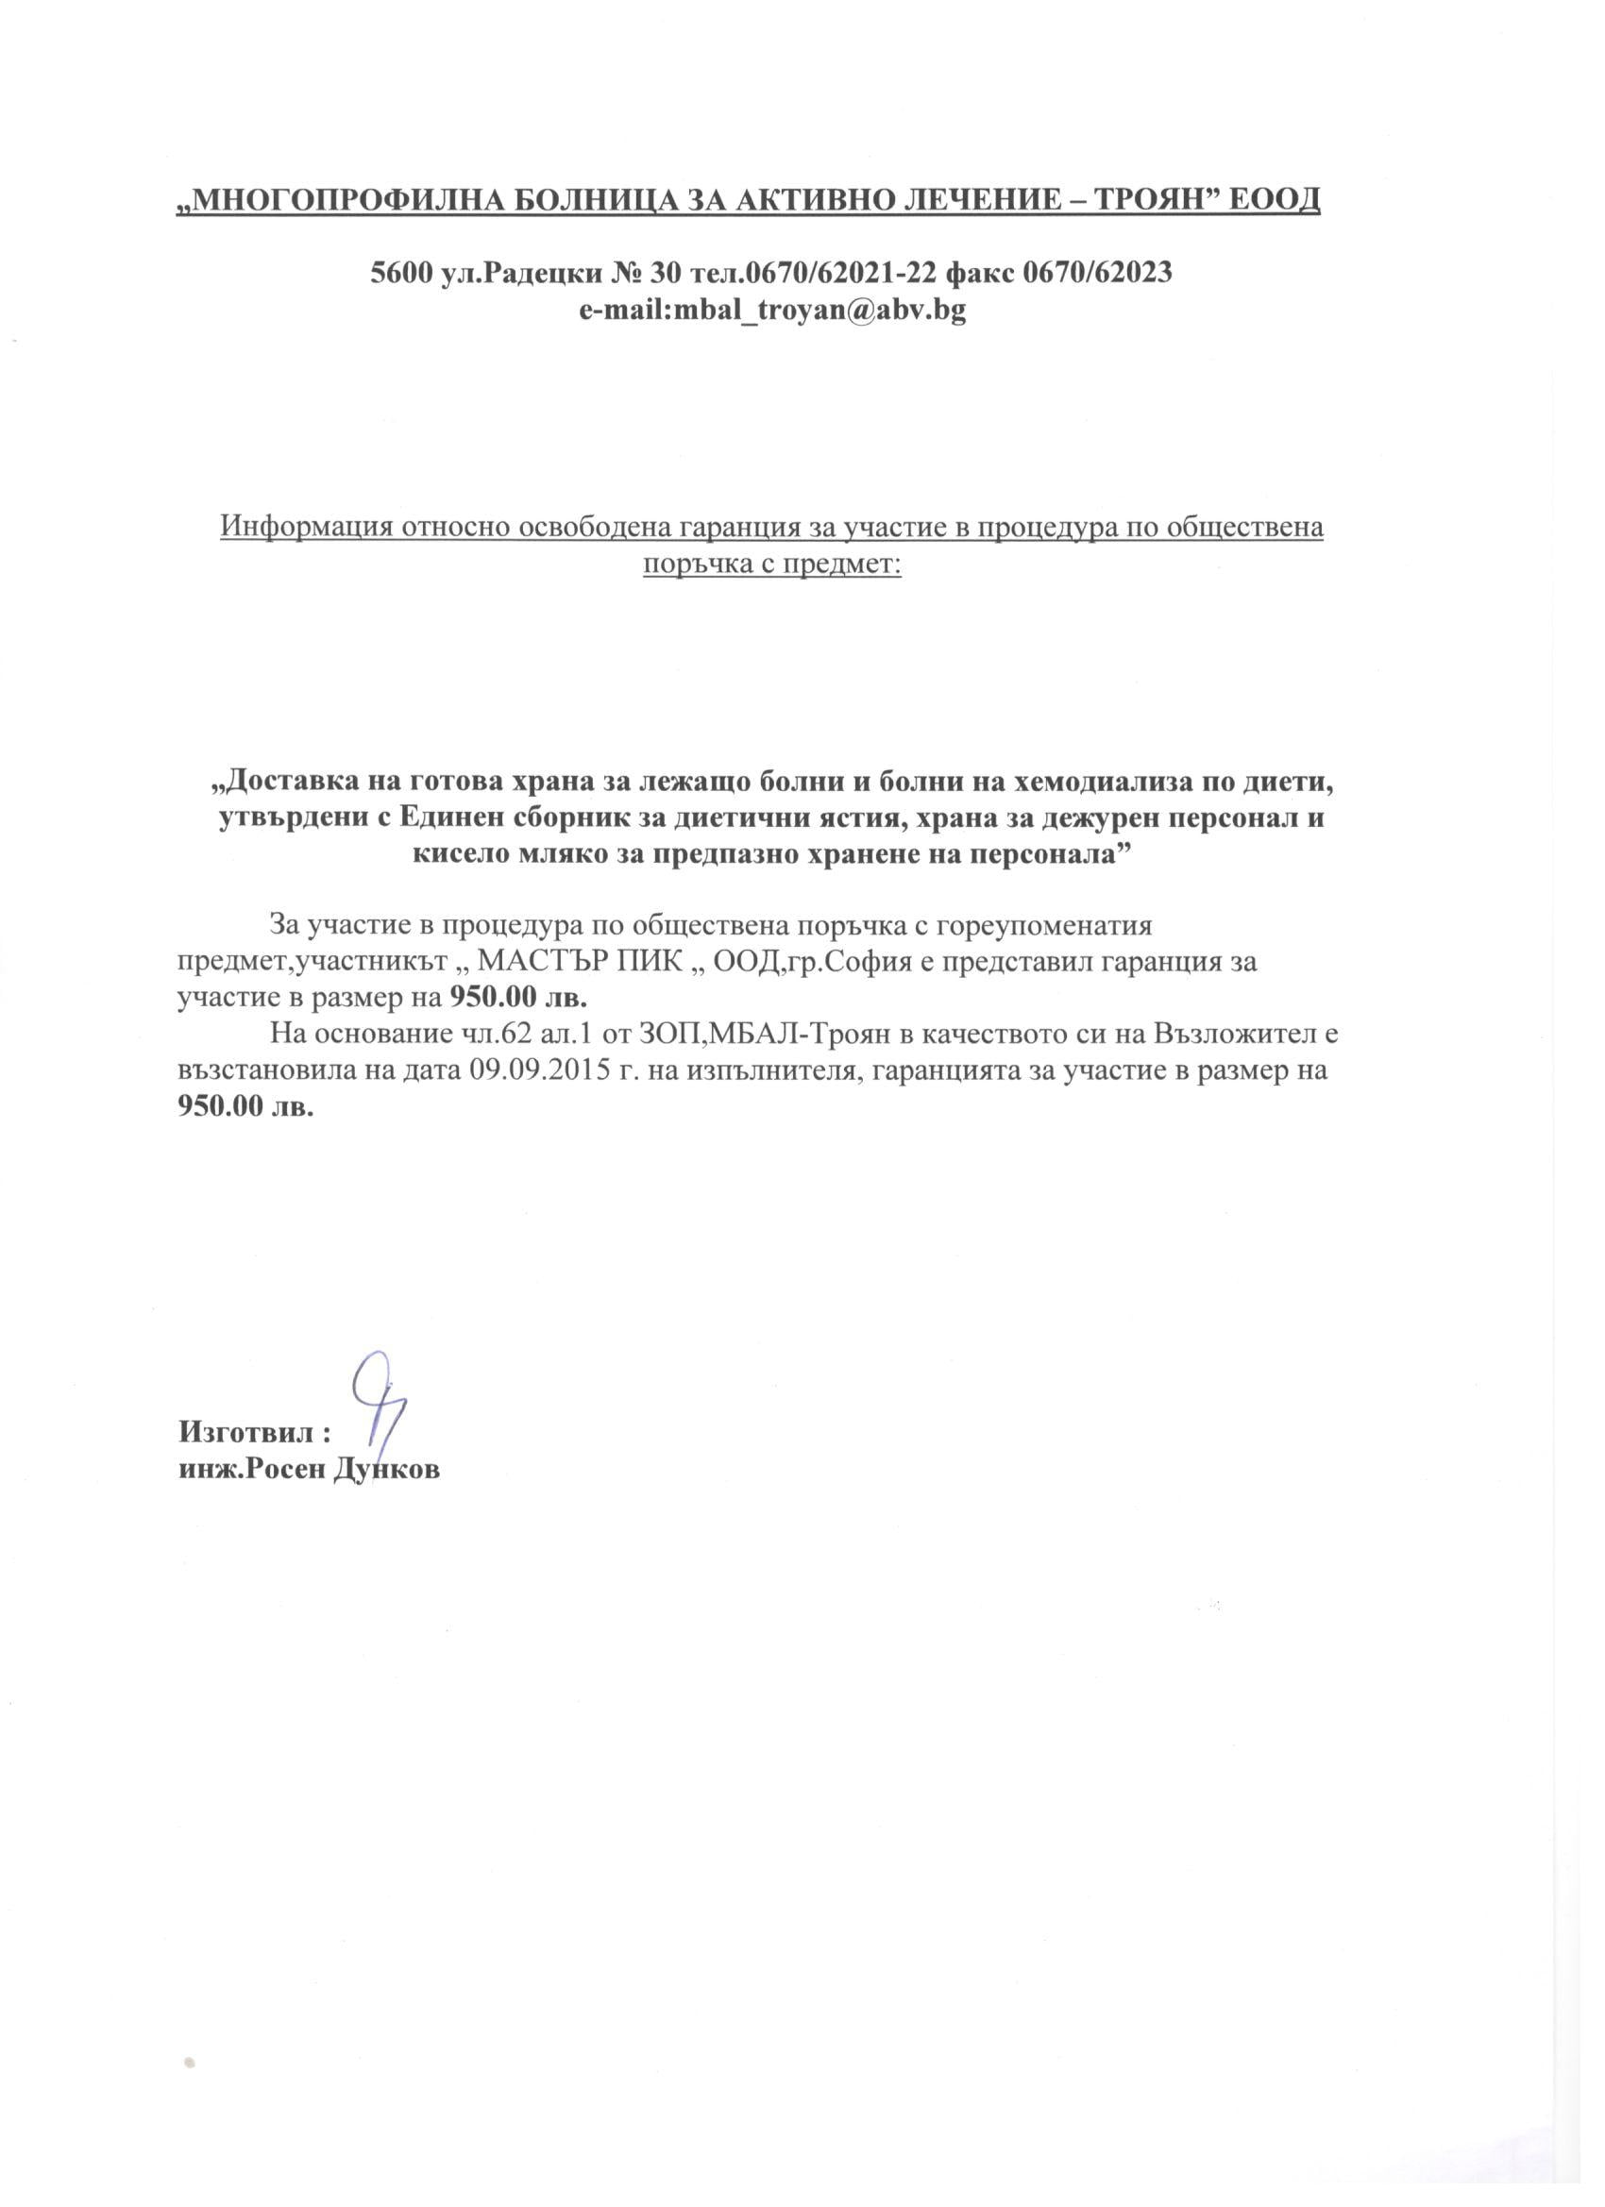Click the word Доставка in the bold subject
pos(288,782)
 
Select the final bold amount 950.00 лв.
pos(246,1108)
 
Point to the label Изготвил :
pos(255,1432)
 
